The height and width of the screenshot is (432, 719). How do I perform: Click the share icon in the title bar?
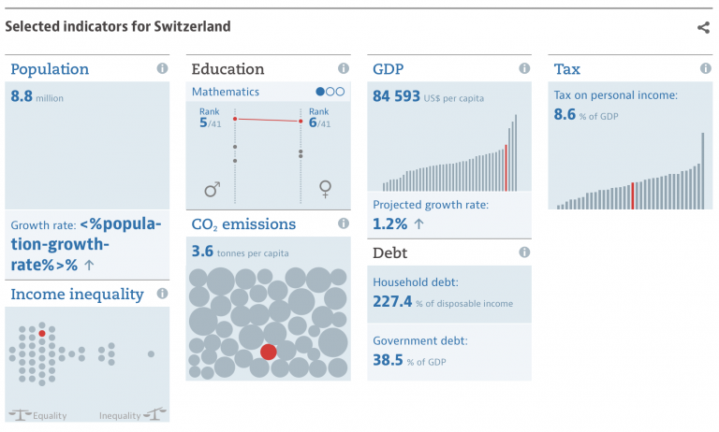(703, 27)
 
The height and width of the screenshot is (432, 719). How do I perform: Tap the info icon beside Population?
(162, 69)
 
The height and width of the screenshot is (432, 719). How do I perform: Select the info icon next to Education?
(344, 69)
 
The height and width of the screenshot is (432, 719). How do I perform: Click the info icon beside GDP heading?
(524, 69)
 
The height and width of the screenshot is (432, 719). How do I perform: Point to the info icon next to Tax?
(705, 69)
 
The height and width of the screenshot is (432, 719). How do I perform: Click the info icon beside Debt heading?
(524, 252)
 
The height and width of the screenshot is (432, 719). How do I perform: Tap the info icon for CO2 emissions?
(344, 224)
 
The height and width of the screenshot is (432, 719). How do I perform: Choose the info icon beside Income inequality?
(162, 294)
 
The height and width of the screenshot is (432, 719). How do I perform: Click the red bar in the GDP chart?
(506, 166)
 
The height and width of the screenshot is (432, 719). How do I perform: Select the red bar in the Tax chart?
(633, 195)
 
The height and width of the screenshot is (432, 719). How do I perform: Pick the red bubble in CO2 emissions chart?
(269, 352)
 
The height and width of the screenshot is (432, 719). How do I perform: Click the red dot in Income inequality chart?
(42, 333)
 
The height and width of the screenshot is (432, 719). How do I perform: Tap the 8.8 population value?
(22, 95)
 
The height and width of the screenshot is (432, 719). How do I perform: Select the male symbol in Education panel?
(212, 191)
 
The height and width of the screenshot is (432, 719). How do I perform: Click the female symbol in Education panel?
(325, 191)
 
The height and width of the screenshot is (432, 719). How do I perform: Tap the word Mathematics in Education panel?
(226, 92)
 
